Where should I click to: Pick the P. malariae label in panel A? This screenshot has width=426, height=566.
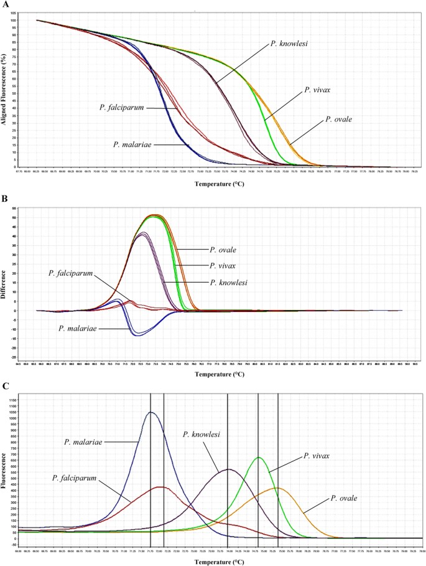coord(132,144)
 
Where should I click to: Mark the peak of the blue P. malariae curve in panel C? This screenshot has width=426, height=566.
coord(150,412)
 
